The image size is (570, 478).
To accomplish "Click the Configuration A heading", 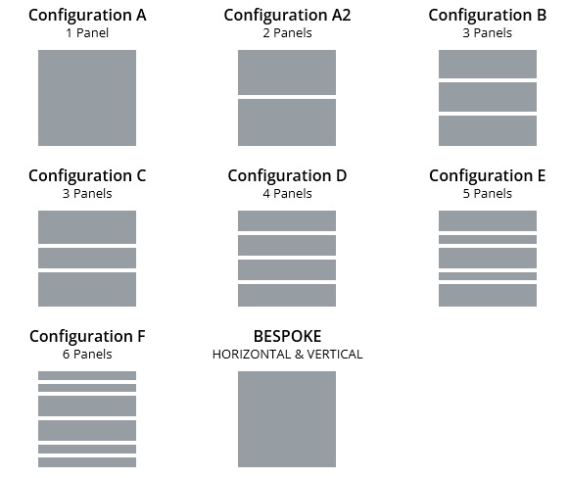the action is [x=87, y=16].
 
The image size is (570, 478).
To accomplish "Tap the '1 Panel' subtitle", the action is [x=87, y=33].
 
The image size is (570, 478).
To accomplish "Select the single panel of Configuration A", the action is [x=87, y=98].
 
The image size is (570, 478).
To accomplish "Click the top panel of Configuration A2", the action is [x=287, y=72].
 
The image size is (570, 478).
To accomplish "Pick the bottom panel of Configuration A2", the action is [x=287, y=122].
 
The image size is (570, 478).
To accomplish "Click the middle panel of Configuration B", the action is [x=488, y=97].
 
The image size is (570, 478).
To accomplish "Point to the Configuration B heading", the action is [x=488, y=16].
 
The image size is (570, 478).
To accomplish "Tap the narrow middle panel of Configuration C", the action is [x=87, y=258].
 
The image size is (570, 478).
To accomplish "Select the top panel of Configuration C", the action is [x=87, y=227].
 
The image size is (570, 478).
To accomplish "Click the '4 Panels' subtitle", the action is [x=287, y=194].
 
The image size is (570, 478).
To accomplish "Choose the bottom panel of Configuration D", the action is [x=287, y=295].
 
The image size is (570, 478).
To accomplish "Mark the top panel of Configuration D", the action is [x=287, y=220].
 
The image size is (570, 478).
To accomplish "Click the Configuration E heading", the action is [x=488, y=176].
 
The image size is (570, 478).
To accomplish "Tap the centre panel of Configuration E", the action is [x=488, y=258].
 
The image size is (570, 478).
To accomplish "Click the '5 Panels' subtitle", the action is [x=488, y=194].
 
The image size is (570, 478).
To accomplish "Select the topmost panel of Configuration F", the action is [x=87, y=375].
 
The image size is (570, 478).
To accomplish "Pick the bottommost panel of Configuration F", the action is [x=87, y=462].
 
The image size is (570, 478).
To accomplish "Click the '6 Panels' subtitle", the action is [x=87, y=355].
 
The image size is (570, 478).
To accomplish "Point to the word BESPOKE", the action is [x=287, y=337].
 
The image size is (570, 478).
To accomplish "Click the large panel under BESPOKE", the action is [x=287, y=419].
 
